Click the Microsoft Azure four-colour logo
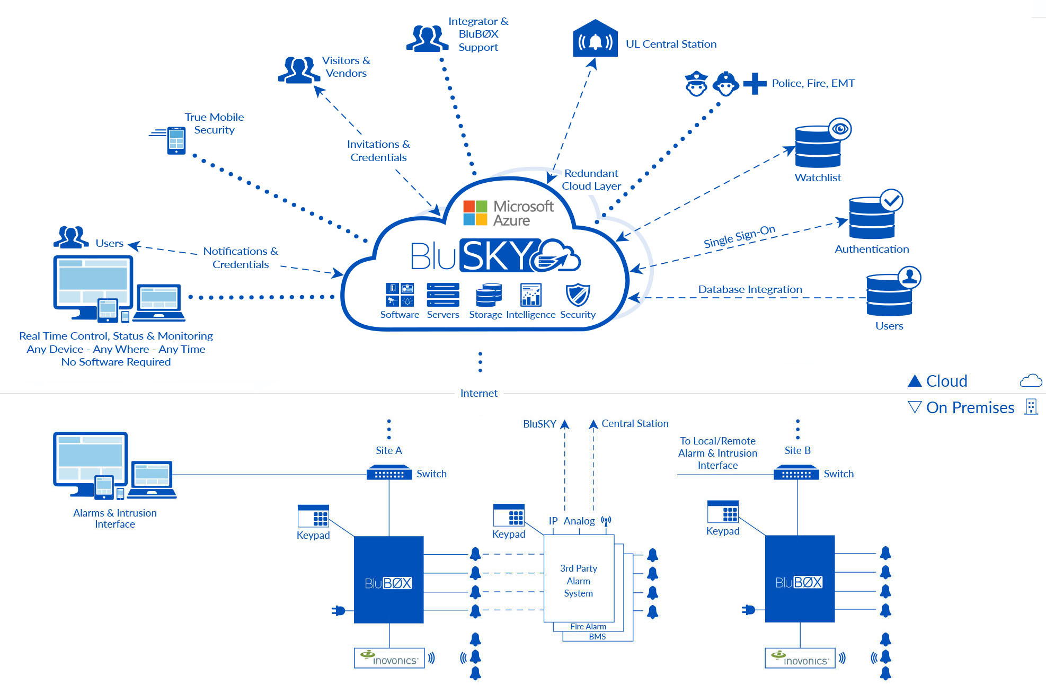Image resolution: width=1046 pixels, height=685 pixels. (x=475, y=212)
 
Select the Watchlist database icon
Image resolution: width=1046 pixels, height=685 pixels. (x=818, y=147)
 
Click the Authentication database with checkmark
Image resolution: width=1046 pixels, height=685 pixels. (x=872, y=217)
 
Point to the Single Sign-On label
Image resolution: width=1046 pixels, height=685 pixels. (x=739, y=236)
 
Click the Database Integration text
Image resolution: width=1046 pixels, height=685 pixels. (x=750, y=289)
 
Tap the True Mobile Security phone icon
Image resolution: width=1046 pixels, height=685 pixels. (x=176, y=140)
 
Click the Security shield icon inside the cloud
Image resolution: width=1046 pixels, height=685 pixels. (x=578, y=295)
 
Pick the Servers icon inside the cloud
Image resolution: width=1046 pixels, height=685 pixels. (x=443, y=295)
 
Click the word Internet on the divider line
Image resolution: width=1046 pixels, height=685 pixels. (x=478, y=393)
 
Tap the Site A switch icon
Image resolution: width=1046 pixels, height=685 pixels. (x=389, y=473)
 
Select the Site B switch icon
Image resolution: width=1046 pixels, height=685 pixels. (x=796, y=473)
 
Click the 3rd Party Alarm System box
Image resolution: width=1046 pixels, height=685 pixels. (x=579, y=580)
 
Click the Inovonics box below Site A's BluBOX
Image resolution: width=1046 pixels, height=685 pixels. (x=389, y=658)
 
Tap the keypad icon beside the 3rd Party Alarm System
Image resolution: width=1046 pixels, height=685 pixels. (x=509, y=514)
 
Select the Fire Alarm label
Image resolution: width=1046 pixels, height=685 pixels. (x=588, y=626)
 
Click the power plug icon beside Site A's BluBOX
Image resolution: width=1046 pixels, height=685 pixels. (x=338, y=611)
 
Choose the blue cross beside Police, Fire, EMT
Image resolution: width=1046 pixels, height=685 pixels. (x=755, y=84)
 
